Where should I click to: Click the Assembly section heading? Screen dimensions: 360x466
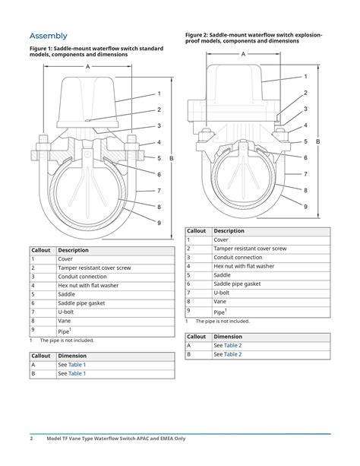click(49, 36)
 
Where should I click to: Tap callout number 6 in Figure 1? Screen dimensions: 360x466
click(159, 174)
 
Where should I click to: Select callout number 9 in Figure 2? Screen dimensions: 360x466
click(305, 207)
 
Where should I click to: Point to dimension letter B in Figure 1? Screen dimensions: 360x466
click(172, 158)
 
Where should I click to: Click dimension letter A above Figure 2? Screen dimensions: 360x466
click(243, 54)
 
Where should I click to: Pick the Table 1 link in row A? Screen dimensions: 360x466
click(77, 365)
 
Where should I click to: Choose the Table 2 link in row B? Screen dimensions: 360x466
click(233, 354)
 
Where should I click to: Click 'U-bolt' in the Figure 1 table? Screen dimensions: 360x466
click(65, 312)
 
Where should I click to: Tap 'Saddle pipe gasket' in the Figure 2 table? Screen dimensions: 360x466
click(237, 284)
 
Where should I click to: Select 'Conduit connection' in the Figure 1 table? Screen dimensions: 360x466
click(82, 277)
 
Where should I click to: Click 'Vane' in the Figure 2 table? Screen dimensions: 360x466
click(219, 302)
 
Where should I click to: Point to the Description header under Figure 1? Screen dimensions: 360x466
click(73, 250)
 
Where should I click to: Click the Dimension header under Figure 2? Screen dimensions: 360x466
click(228, 337)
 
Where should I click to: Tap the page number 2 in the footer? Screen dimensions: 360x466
click(31, 439)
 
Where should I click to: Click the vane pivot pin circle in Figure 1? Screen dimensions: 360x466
click(87, 154)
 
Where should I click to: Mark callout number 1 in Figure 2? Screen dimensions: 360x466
click(305, 77)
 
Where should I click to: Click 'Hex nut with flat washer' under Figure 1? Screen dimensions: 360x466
click(88, 286)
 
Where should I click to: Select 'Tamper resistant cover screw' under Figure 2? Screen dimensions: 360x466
click(250, 249)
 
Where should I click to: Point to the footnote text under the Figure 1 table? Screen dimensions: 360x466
click(67, 341)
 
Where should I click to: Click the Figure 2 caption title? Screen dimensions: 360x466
click(254, 38)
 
